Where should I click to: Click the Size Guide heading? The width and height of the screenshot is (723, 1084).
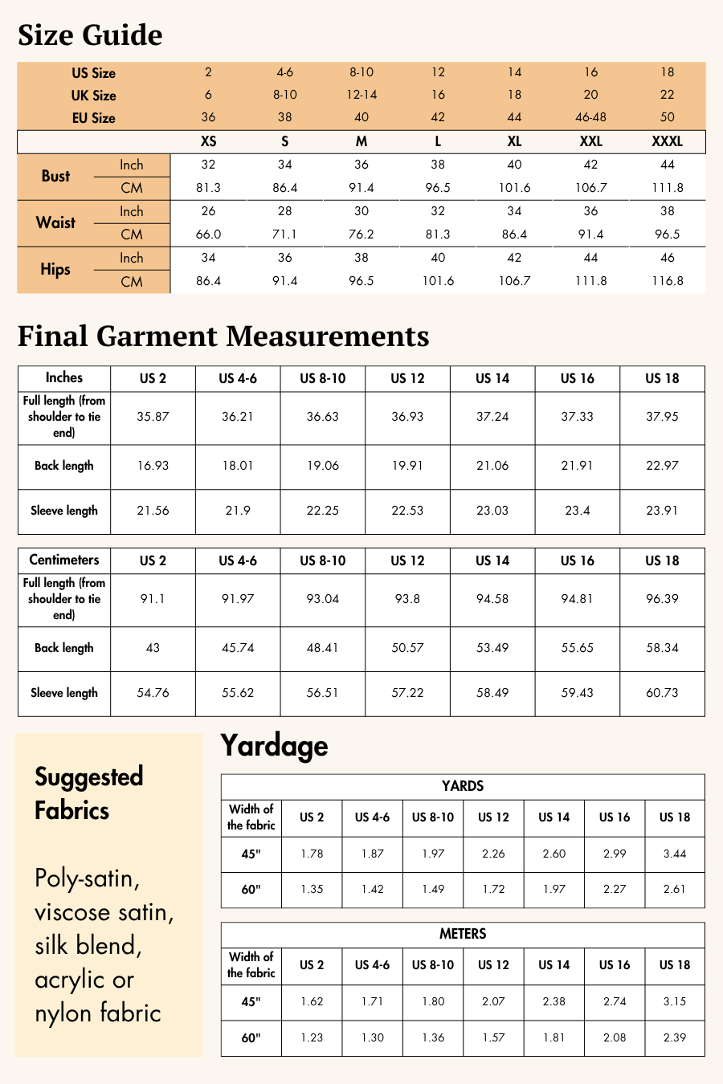tap(90, 35)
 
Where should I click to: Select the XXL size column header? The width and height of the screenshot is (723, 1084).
tap(590, 141)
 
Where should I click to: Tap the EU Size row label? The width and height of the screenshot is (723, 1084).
tap(93, 118)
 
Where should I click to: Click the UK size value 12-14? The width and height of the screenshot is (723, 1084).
tap(361, 95)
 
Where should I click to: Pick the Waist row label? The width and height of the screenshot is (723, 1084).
tap(55, 222)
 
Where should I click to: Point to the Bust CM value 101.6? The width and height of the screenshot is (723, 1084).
tap(514, 188)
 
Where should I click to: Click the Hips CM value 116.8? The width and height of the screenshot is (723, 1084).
tap(668, 281)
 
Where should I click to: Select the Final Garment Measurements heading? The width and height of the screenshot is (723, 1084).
tap(223, 336)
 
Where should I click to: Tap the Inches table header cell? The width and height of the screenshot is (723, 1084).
tap(64, 378)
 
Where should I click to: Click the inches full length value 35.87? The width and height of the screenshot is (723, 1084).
tap(153, 417)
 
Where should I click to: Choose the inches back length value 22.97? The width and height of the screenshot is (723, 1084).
tap(662, 466)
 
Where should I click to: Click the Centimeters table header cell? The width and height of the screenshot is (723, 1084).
tap(64, 560)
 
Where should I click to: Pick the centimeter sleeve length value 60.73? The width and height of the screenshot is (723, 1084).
tap(662, 693)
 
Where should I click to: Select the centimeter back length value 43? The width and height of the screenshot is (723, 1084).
tap(153, 648)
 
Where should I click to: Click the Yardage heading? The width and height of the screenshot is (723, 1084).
tap(274, 746)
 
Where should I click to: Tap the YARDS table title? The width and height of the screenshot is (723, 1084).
tap(463, 786)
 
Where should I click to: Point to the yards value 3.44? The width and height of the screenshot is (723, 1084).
tap(675, 854)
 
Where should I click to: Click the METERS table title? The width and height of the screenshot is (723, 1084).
tap(463, 934)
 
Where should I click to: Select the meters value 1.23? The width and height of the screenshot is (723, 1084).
tap(312, 1037)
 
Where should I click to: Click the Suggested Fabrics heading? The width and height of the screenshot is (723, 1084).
tap(88, 793)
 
